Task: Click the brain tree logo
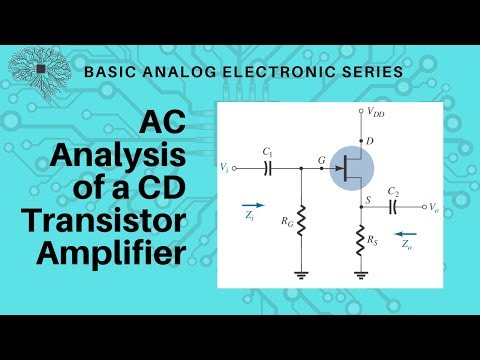coord(39,69)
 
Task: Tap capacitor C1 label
coord(267,151)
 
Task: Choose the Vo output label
coord(432,208)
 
